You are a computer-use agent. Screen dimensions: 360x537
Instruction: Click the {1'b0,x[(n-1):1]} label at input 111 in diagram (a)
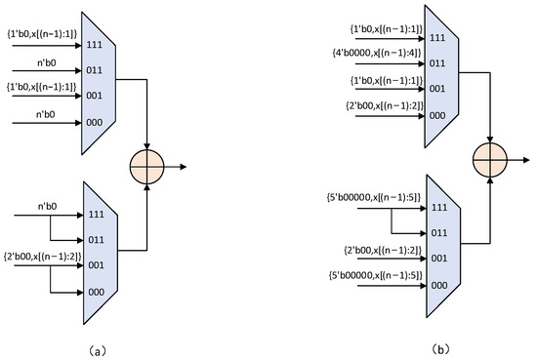pos(43,31)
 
